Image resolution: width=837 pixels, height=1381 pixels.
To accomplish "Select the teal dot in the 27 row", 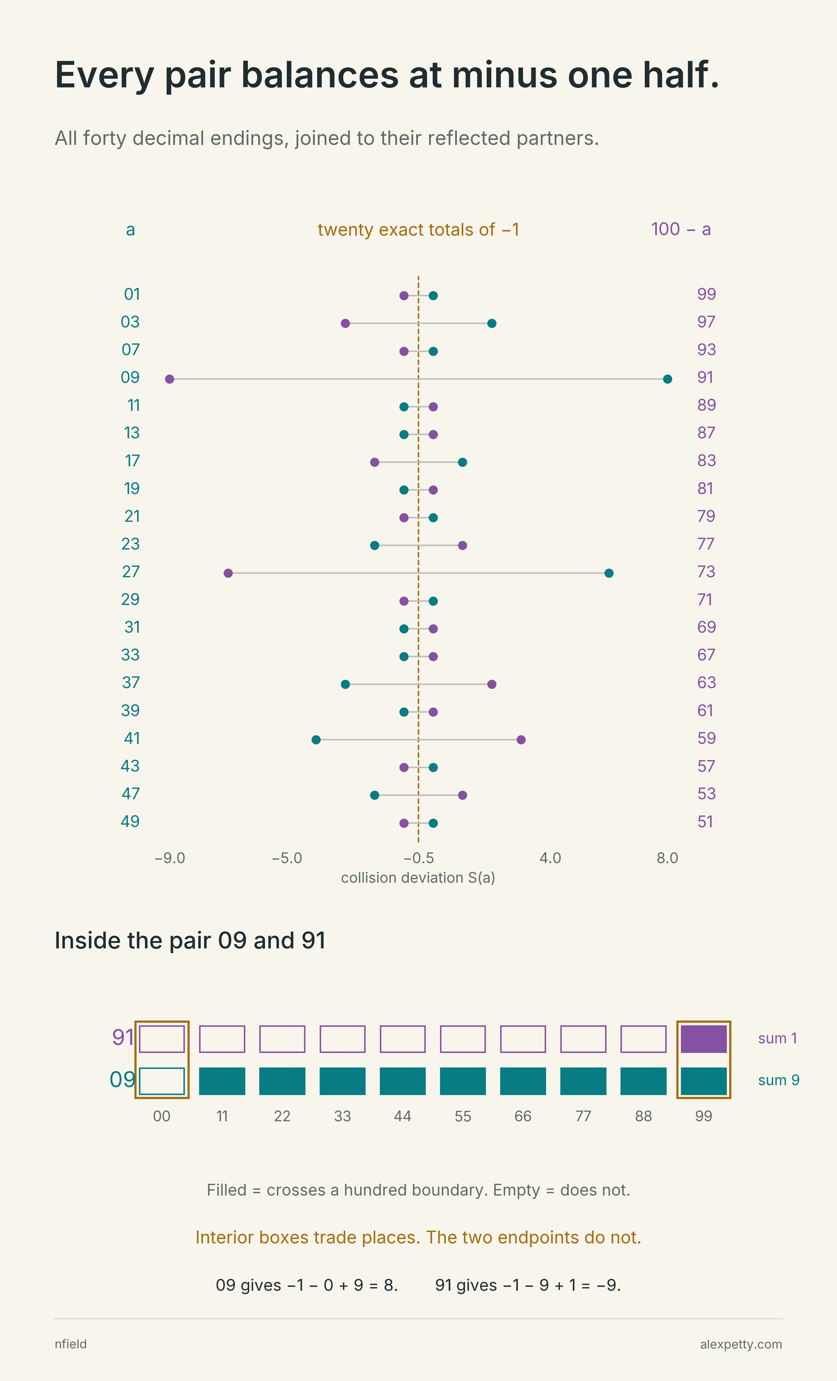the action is (x=609, y=573).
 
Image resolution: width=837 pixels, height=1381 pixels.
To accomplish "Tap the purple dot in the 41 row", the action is (x=521, y=740).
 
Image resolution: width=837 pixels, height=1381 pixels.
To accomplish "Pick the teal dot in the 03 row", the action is (x=492, y=323).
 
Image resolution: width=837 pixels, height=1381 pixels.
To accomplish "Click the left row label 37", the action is (x=131, y=683).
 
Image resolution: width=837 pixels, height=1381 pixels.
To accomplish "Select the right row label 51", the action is (x=705, y=822).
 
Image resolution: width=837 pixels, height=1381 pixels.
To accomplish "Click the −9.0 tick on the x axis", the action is (x=170, y=858).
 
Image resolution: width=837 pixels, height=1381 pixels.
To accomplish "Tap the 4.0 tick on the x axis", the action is (x=550, y=858).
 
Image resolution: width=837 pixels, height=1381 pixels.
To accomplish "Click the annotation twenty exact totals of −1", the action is (x=418, y=230).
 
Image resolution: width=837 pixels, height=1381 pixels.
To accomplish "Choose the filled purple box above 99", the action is (x=704, y=1039).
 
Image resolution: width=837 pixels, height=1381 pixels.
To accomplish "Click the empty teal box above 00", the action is (x=161, y=1081).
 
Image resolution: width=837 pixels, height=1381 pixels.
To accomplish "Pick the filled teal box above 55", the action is (x=462, y=1081).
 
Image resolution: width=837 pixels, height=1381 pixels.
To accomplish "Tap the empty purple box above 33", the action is (x=343, y=1039).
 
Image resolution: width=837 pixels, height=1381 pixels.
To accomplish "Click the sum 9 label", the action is (x=779, y=1080).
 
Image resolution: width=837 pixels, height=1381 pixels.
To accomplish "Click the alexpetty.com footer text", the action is (x=741, y=1345).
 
